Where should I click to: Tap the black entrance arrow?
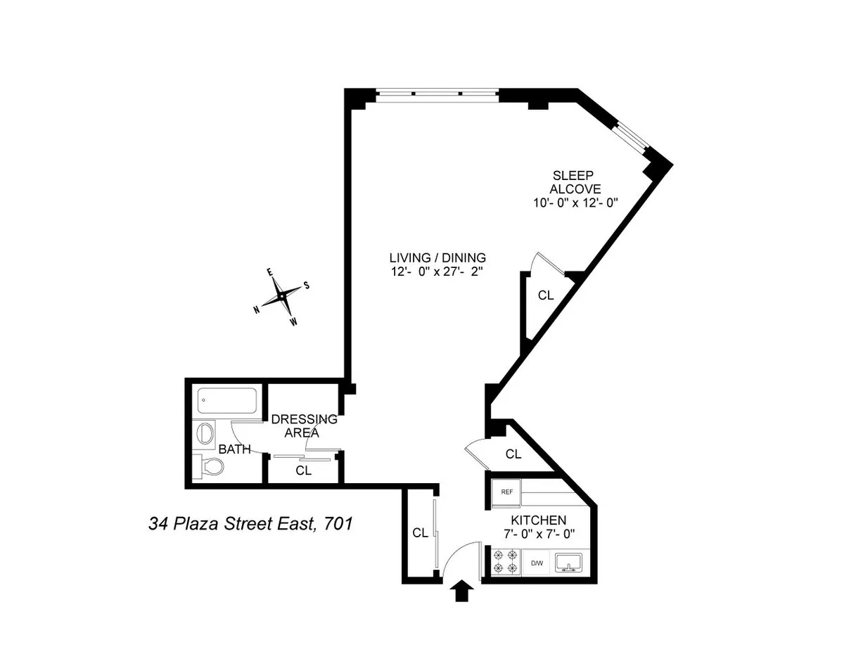(461, 592)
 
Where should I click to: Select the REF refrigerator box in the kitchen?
(506, 492)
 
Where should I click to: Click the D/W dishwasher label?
(537, 563)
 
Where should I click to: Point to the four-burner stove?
(505, 562)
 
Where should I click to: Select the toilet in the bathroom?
(211, 466)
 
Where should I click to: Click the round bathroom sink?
(206, 433)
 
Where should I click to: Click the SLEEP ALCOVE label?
(575, 182)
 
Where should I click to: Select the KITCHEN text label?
(538, 520)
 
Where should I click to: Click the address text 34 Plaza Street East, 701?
(250, 523)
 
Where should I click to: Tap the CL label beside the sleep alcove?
(546, 295)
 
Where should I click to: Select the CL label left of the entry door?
(420, 533)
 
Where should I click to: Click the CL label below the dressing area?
(303, 471)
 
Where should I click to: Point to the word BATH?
(234, 449)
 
